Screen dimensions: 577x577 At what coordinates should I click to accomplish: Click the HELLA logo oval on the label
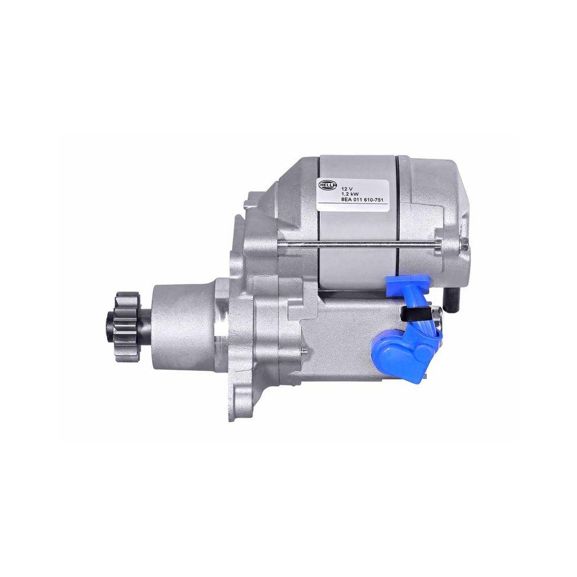(328, 183)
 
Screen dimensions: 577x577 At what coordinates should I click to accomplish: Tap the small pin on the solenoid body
(302, 351)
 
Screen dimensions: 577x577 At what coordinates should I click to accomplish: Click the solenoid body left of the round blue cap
(340, 346)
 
